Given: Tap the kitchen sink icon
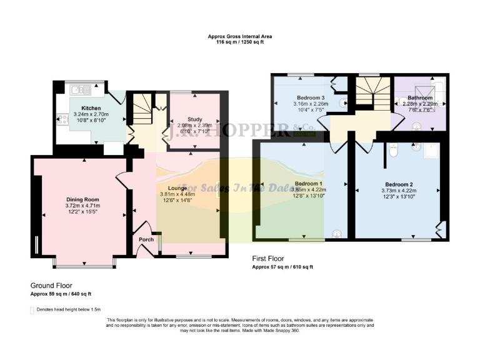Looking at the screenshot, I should [79, 87].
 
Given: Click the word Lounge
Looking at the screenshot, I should [177, 187].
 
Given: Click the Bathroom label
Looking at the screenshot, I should [420, 98].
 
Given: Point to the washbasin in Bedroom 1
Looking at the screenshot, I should [336, 234].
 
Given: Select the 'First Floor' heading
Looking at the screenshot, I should [269, 258].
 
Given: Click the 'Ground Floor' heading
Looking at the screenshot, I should [52, 286].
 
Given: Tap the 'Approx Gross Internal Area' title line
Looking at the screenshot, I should [240, 37].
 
